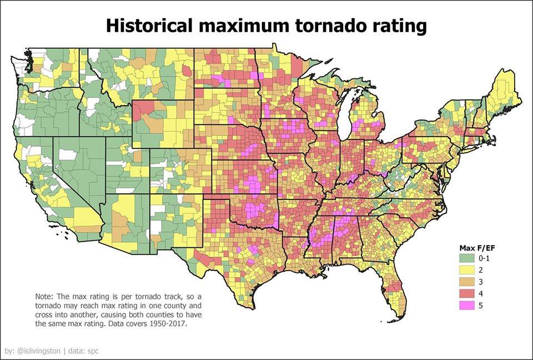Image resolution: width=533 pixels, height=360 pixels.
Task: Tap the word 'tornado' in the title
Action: [329, 26]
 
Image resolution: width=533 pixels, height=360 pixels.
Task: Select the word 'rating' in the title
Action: [398, 27]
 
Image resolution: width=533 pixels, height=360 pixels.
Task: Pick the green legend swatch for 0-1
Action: [467, 258]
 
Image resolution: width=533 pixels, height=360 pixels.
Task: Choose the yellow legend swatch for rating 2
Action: [467, 270]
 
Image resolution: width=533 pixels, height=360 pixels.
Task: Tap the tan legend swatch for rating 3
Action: [467, 282]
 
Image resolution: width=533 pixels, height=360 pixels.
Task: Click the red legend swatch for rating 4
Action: [467, 294]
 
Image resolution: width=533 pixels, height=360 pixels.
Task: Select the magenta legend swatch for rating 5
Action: [467, 306]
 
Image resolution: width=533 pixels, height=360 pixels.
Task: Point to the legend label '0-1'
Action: [484, 258]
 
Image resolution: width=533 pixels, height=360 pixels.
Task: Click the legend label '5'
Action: [481, 306]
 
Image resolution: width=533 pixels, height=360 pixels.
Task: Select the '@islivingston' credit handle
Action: [38, 351]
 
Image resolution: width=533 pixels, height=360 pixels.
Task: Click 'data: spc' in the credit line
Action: [83, 351]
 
